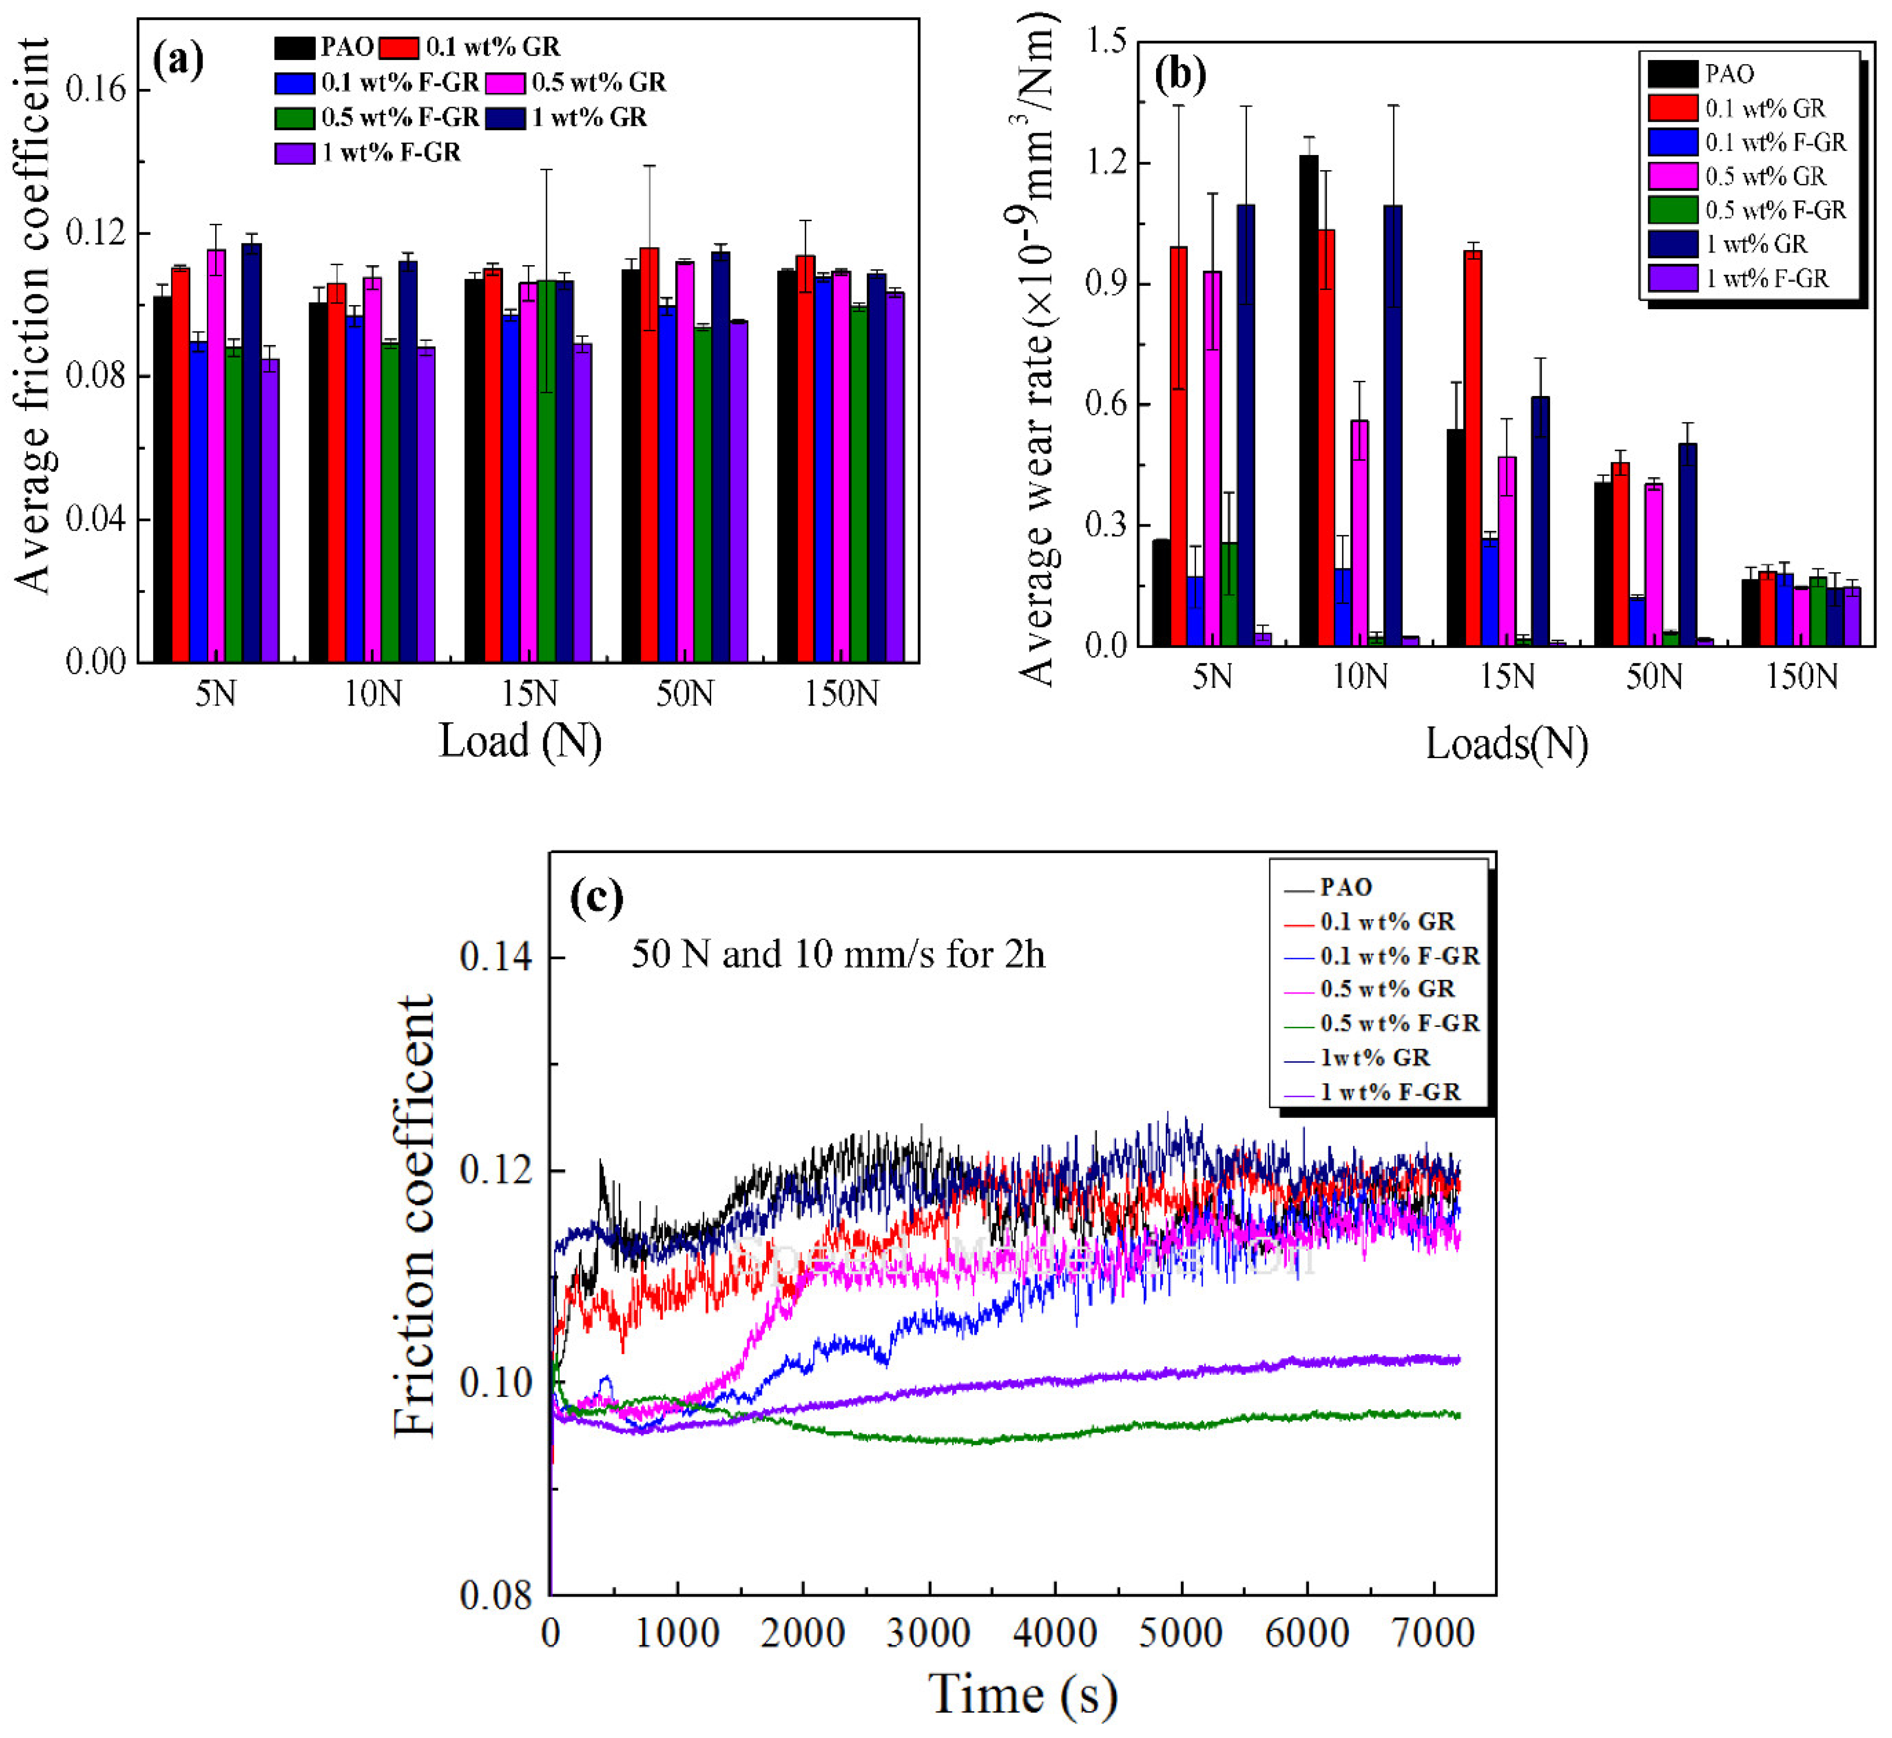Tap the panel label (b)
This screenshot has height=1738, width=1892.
tap(1180, 74)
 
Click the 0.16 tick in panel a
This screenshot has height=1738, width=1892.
tap(95, 90)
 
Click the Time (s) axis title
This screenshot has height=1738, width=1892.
tap(1023, 1693)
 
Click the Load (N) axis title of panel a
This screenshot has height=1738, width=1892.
tap(520, 742)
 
